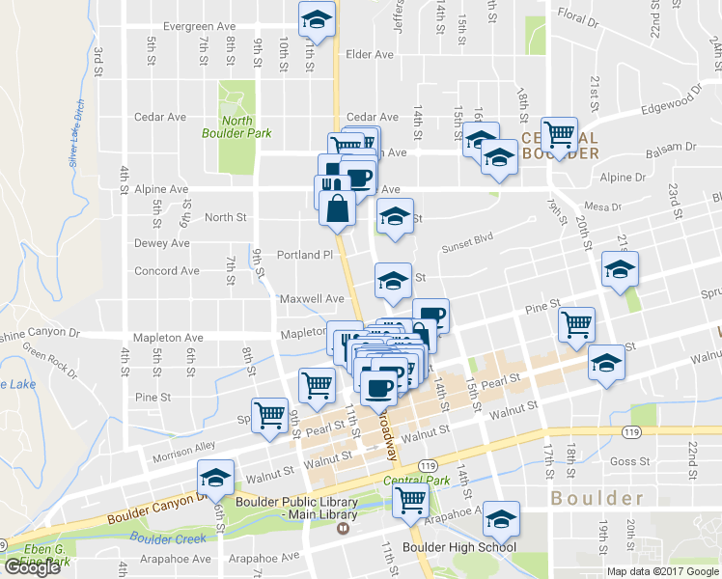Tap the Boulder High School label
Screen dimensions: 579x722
[445, 547]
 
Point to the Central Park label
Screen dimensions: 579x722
[417, 480]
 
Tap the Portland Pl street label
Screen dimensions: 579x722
[304, 256]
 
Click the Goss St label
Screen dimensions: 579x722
[630, 462]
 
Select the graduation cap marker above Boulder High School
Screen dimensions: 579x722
[501, 518]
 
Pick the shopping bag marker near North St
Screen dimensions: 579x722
[337, 207]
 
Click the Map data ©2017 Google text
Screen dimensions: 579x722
[662, 571]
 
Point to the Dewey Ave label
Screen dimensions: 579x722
[161, 243]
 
